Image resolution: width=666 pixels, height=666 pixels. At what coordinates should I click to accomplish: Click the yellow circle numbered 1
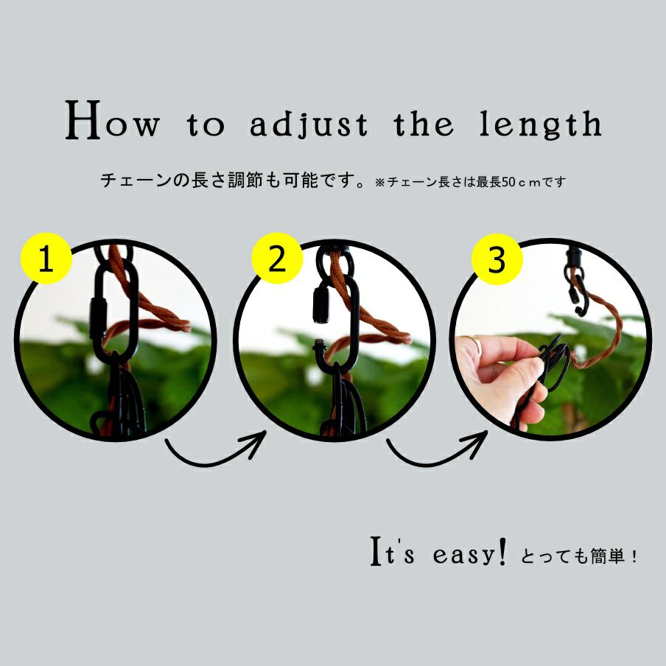(46, 259)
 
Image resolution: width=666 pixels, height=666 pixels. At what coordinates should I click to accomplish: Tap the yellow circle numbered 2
(277, 259)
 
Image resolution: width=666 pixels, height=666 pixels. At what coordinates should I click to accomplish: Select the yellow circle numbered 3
(497, 259)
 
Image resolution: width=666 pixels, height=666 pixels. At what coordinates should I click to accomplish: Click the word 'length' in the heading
(541, 124)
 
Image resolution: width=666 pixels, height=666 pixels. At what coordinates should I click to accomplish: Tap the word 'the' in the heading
(424, 123)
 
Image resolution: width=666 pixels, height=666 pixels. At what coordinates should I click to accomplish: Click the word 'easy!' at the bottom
(470, 553)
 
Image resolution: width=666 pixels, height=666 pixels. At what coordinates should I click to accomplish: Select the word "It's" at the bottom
(392, 551)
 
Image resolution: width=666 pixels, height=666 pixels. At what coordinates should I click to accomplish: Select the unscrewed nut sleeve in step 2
(320, 304)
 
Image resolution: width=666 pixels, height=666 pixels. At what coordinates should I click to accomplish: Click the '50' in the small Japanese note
(509, 182)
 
